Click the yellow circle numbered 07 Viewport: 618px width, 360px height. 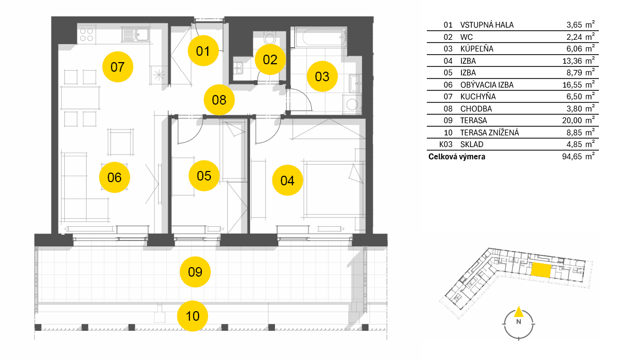[x=117, y=67]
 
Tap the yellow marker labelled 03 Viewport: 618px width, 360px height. [x=322, y=76]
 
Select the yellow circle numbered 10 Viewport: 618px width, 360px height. [x=192, y=316]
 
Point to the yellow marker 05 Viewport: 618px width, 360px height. [x=204, y=175]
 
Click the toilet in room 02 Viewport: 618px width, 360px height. [x=270, y=38]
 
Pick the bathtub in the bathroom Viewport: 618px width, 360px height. [x=319, y=37]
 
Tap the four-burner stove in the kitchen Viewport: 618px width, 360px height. [x=87, y=35]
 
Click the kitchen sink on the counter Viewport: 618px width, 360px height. [x=135, y=35]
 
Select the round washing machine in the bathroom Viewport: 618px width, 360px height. [x=352, y=104]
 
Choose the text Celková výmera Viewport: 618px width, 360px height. [x=457, y=157]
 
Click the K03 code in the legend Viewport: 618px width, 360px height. [x=446, y=144]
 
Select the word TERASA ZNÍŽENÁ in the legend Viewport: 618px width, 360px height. [x=490, y=133]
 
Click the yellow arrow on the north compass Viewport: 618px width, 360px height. [x=519, y=312]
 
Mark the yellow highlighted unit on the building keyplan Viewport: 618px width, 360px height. [x=540, y=270]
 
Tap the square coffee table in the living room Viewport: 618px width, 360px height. [x=121, y=142]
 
